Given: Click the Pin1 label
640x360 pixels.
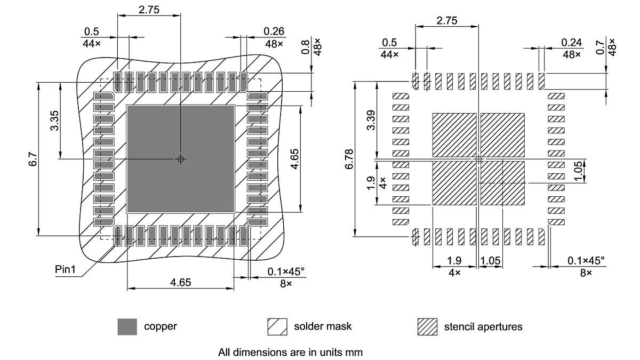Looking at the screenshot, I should coord(66,269).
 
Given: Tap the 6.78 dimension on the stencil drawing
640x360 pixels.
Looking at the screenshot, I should coord(350,159).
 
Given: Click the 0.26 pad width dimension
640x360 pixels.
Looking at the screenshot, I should coord(274,31).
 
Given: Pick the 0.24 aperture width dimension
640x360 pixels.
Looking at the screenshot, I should coord(571,42).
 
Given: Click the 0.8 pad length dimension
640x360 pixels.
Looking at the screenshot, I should coord(306,48).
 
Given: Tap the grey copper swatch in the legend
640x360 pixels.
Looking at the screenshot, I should coord(127,326).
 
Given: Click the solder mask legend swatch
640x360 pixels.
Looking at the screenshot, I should coord(277,326).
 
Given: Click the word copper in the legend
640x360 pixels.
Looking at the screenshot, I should coord(161,326).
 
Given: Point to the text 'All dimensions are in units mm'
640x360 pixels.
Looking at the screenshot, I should coord(290,352).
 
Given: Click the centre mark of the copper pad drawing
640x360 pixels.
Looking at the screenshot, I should coord(180,159).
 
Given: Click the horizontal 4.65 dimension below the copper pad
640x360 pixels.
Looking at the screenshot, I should coord(181,283).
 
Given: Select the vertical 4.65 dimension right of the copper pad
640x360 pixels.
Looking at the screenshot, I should coord(294,159).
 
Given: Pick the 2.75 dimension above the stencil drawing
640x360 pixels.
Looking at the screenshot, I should coord(447,21).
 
